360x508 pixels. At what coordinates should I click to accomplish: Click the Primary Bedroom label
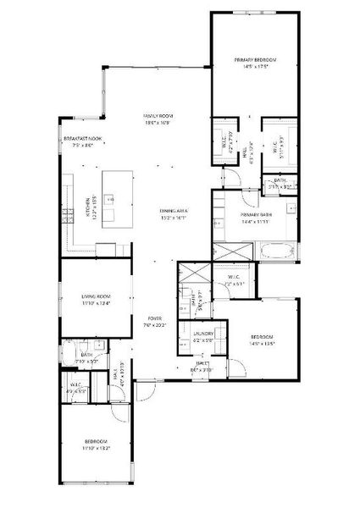(256, 59)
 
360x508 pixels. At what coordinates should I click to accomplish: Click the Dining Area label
(173, 212)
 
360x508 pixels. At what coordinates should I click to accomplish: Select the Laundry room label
(202, 334)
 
